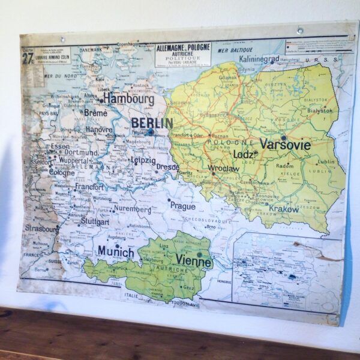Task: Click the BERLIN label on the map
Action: [152, 123]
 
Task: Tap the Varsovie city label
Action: [285, 145]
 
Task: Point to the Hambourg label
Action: [128, 97]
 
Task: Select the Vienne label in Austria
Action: [193, 260]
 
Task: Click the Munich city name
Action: [116, 251]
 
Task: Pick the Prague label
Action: [182, 206]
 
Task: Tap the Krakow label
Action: [284, 209]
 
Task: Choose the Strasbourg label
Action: [42, 229]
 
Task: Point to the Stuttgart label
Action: [94, 221]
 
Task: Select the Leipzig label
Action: [143, 160]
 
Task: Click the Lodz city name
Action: [243, 154]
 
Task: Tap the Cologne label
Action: [62, 172]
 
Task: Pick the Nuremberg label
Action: [133, 210]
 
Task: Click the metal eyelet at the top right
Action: [300, 31]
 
